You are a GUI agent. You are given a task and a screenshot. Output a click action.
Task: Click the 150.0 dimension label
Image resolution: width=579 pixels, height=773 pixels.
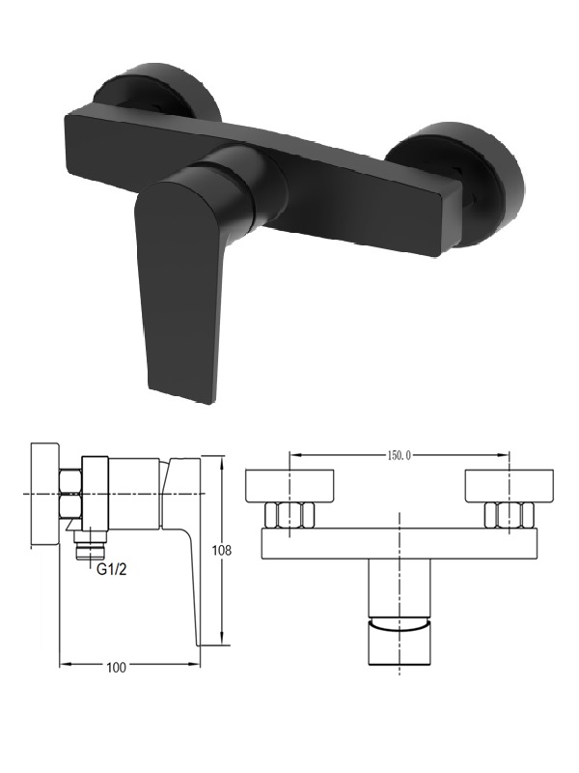pyautogui.click(x=399, y=455)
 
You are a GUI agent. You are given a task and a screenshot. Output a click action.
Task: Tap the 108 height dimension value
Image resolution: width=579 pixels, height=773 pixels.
pyautogui.click(x=222, y=550)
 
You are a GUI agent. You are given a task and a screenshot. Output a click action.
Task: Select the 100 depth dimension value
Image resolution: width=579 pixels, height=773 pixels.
pyautogui.click(x=116, y=668)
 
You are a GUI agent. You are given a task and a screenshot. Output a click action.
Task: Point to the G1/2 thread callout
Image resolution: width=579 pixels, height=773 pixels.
pyautogui.click(x=112, y=569)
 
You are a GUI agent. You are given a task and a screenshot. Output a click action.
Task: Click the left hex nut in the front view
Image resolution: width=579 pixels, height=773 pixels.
pyautogui.click(x=289, y=515)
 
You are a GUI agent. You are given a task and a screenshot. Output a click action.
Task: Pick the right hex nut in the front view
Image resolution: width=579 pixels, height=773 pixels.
pyautogui.click(x=510, y=515)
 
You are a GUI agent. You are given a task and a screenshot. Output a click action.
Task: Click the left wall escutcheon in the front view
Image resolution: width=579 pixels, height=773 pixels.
pyautogui.click(x=289, y=486)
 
